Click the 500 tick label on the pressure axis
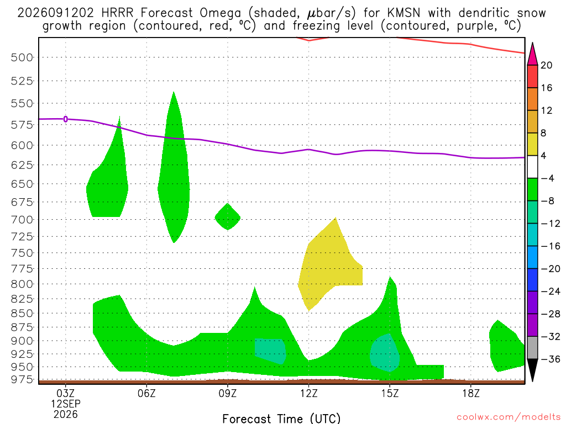tap(22, 57)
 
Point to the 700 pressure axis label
tap(22, 220)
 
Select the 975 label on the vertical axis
tap(22, 379)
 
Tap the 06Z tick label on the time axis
tap(146, 393)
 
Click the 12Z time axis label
tap(308, 393)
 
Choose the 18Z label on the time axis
tap(471, 393)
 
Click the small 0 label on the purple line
tap(65, 119)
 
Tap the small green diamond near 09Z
tap(227, 216)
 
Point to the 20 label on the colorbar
tap(547, 65)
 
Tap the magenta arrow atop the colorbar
tap(532, 54)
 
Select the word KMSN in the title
tap(403, 13)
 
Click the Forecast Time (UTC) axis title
tap(281, 418)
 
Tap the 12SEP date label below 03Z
tap(66, 404)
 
